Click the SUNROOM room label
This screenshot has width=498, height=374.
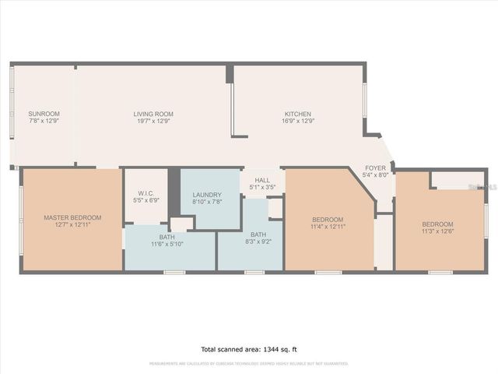pos(44,114)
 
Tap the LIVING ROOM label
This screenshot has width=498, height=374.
pos(153,114)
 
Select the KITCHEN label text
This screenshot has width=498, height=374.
pos(297,114)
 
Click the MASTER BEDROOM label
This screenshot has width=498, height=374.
pos(72,217)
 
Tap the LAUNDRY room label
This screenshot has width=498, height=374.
pos(206,195)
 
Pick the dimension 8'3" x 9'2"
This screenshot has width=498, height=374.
pos(258,242)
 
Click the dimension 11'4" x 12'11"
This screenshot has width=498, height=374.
pos(328,226)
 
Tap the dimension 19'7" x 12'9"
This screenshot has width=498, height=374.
pos(153,122)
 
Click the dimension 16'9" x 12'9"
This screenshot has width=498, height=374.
pos(297,122)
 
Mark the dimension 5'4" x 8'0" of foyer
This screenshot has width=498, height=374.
pos(377,175)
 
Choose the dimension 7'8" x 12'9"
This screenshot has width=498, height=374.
pos(44,122)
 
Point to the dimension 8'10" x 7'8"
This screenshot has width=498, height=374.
pos(206,202)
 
